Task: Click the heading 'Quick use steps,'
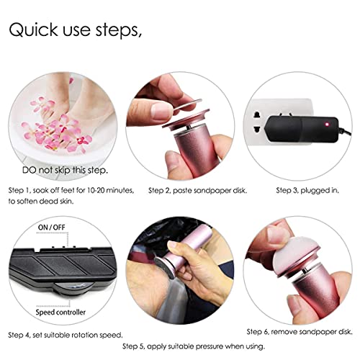(x=75, y=30)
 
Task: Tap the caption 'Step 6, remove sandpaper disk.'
(x=300, y=331)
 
